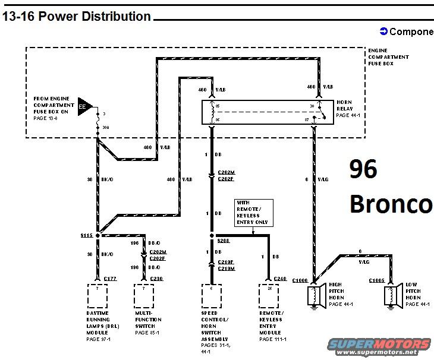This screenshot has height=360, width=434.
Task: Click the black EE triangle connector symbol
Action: point(84,106)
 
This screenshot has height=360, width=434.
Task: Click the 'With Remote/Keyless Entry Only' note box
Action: point(253,213)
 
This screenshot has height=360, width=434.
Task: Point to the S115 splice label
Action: point(87,235)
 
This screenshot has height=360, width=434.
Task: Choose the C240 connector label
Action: point(281,279)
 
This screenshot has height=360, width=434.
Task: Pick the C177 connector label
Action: point(111,279)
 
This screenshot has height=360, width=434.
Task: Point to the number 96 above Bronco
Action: point(363,170)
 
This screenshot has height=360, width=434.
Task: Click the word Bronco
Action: point(391,203)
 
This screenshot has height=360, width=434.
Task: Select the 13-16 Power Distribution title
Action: point(77,17)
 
